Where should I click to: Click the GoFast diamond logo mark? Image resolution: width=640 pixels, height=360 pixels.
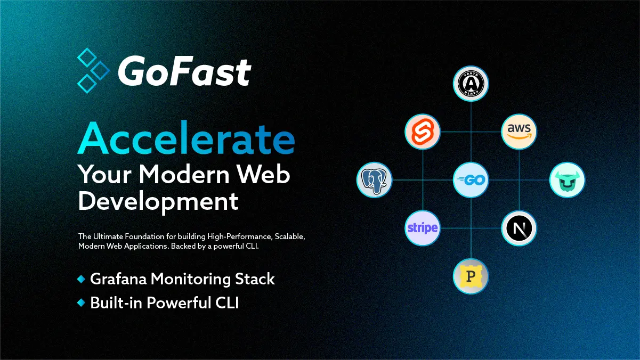(x=93, y=70)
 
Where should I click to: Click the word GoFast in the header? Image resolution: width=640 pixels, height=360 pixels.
(x=184, y=71)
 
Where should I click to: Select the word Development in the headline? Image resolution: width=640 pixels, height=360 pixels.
(x=158, y=201)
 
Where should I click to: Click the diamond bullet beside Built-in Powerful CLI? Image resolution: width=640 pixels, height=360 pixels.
(x=81, y=302)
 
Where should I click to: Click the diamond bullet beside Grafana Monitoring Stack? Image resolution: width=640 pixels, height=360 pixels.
(x=81, y=279)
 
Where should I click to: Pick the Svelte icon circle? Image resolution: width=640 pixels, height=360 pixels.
(x=423, y=132)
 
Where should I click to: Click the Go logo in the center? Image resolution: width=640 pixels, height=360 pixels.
(x=471, y=180)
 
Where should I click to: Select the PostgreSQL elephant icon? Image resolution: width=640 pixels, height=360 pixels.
(x=374, y=180)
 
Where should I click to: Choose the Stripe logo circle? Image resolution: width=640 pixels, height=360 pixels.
(x=423, y=228)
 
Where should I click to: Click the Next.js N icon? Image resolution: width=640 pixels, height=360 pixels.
(x=519, y=228)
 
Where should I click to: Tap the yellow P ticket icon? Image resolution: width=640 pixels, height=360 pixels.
(x=471, y=276)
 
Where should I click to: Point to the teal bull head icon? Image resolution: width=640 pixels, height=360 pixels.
(x=568, y=180)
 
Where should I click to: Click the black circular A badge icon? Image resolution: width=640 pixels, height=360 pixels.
(x=471, y=84)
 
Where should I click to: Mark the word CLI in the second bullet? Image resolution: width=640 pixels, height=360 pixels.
(x=226, y=302)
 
